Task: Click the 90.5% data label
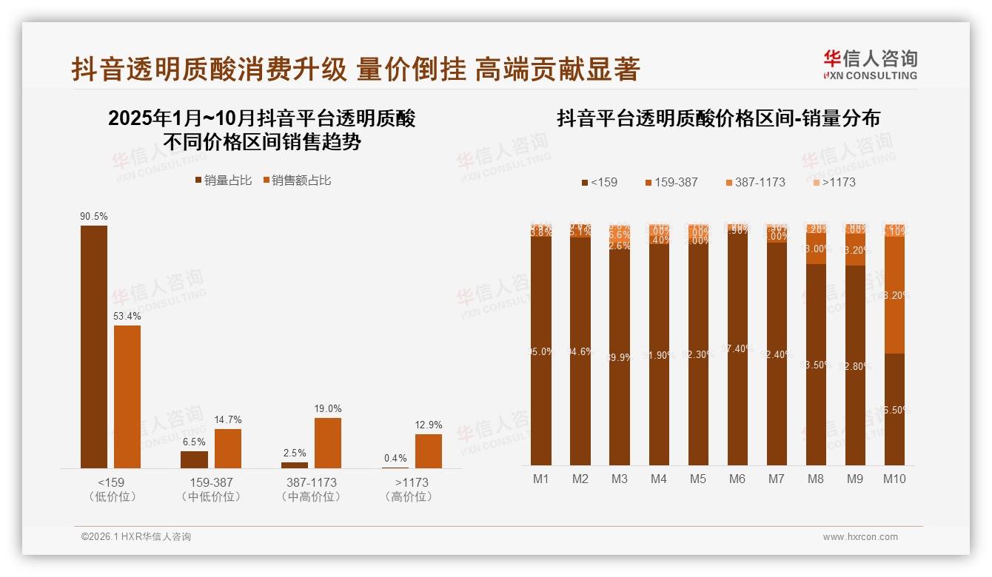coord(94,217)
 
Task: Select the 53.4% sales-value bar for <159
coord(127,397)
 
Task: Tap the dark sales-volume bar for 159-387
coord(194,459)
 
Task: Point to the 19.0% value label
coord(328,409)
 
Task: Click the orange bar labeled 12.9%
coord(428,451)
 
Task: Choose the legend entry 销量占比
coord(223,180)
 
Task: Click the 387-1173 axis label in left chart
coord(311,482)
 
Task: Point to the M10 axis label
coord(894,479)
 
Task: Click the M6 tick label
coord(737,479)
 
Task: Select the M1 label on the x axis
coord(541,479)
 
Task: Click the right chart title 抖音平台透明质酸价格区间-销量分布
coord(718,118)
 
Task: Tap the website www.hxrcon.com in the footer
coord(860,537)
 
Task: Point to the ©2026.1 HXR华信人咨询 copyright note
coord(136,537)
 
